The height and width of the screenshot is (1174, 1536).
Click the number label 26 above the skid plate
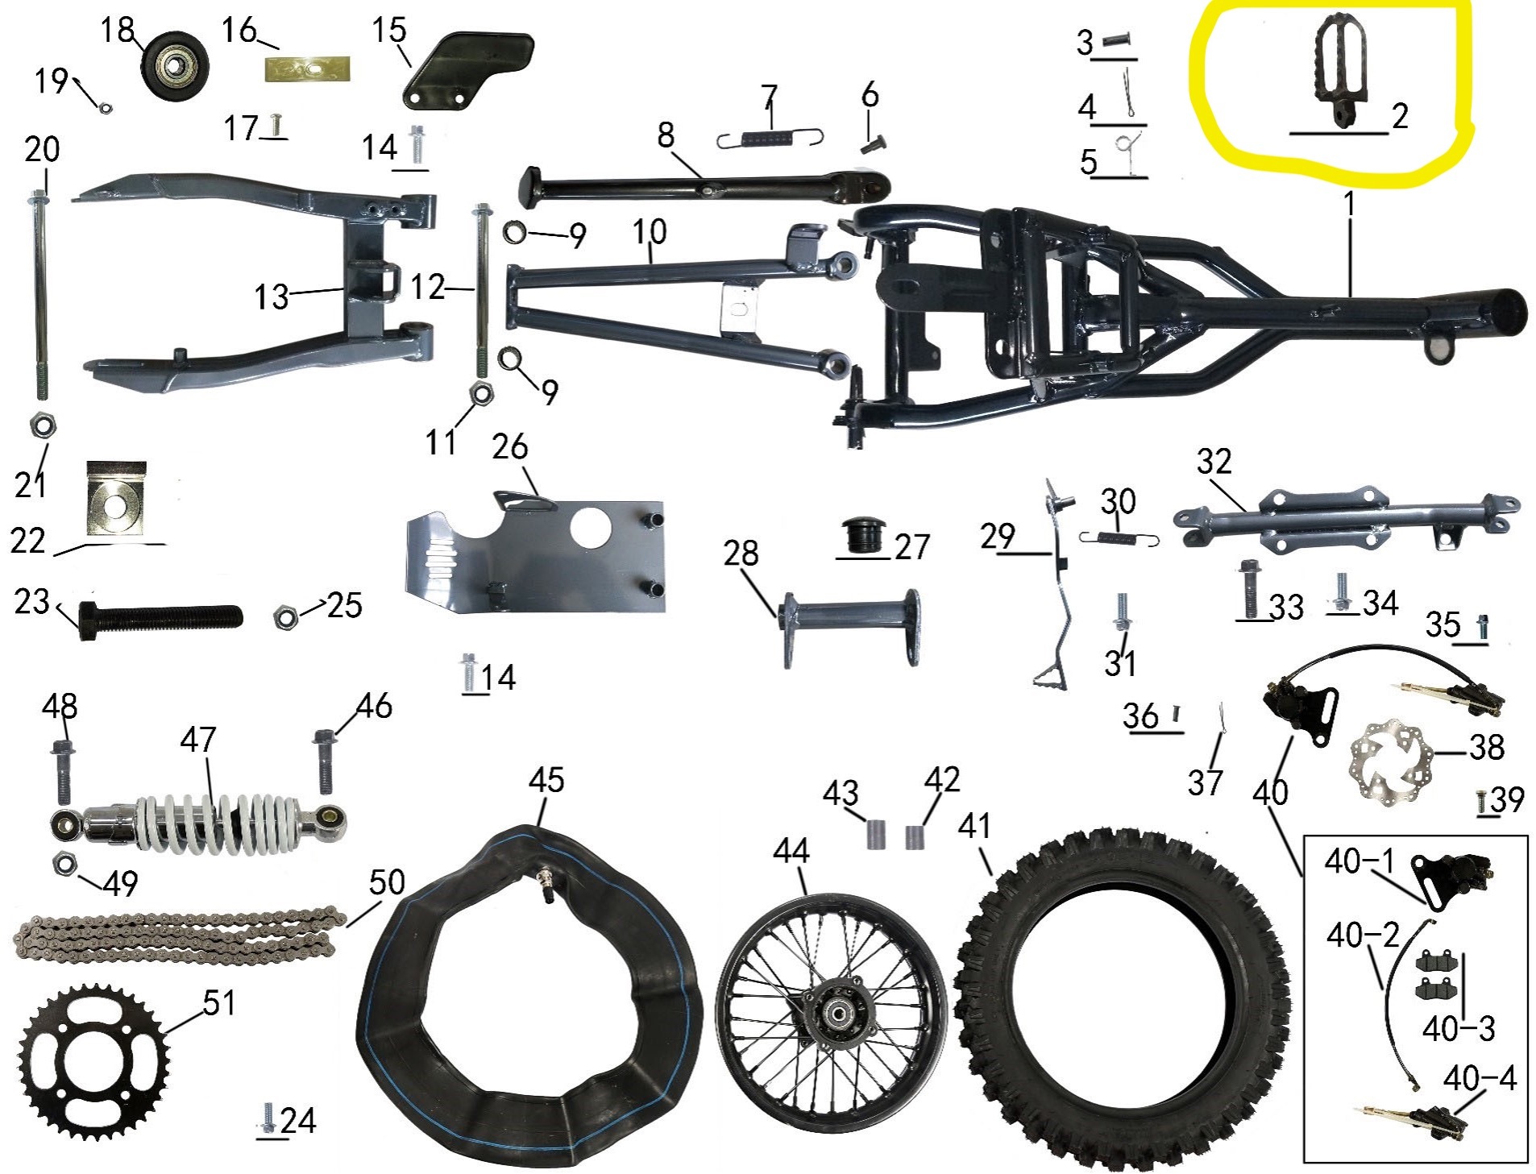[509, 446]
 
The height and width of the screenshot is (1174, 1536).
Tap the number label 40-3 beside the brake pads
[1459, 1028]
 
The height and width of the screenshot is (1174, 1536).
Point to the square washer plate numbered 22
[116, 501]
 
